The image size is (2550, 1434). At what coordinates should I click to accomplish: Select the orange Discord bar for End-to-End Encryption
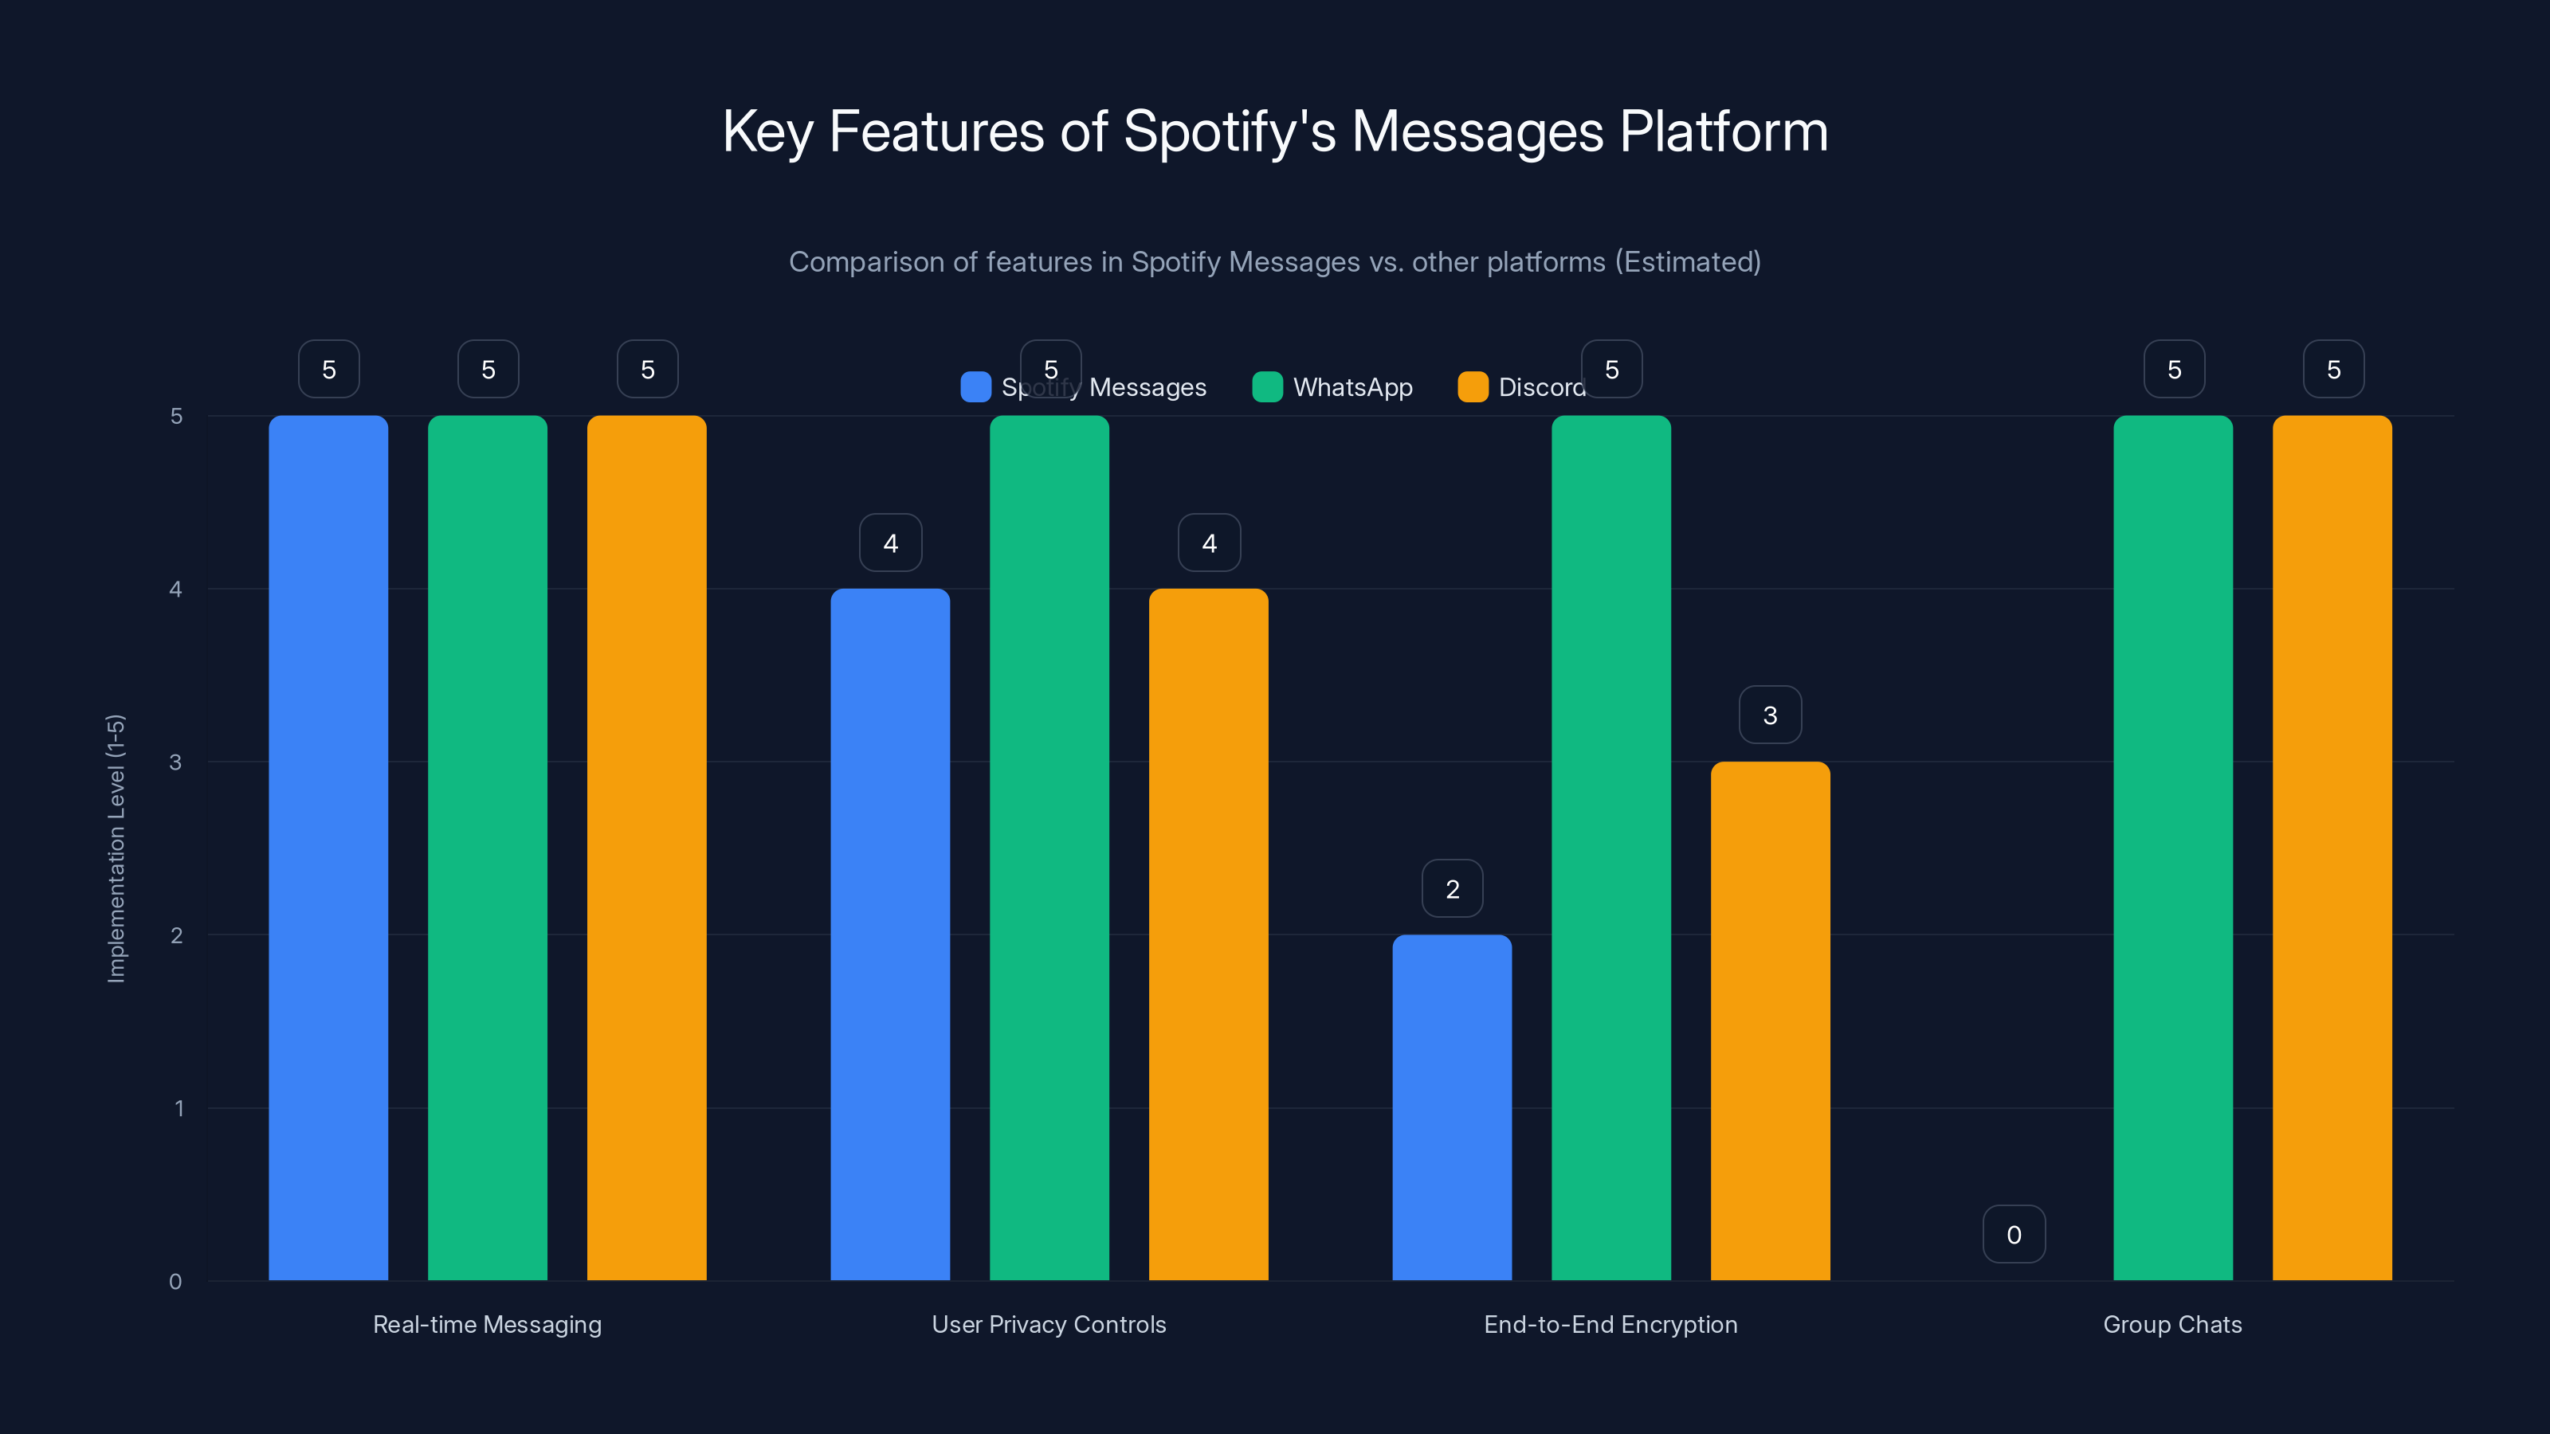(1770, 1020)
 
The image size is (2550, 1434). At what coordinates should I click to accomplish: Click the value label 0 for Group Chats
(2014, 1234)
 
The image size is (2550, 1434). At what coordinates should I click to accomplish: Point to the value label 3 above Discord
(1770, 715)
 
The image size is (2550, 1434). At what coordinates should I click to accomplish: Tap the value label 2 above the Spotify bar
(1451, 889)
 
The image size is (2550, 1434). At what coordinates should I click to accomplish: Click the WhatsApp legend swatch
(1267, 387)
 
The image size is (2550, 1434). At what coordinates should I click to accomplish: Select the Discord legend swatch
(1473, 387)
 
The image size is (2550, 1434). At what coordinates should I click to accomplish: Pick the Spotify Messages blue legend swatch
(975, 387)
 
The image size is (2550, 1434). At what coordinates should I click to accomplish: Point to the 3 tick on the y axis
(175, 762)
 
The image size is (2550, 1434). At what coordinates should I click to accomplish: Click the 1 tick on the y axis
(179, 1108)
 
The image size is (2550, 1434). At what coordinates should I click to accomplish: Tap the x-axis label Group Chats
(2171, 1324)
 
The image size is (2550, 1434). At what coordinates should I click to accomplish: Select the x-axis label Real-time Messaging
(487, 1324)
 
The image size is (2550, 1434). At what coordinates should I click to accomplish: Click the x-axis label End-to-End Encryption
(1610, 1324)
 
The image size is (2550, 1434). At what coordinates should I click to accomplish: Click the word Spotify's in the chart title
(1230, 131)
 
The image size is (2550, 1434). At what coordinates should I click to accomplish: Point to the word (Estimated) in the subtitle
(1688, 261)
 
